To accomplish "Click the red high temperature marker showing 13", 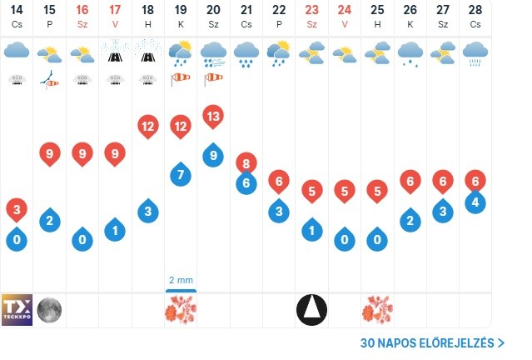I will coord(213,117).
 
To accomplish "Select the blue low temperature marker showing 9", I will coord(213,154).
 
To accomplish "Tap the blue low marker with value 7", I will coord(181,175).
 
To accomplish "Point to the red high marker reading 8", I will coord(246,163).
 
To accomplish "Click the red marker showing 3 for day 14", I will coord(17,208).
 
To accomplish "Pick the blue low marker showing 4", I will coord(475,202).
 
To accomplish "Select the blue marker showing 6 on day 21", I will coord(246,183).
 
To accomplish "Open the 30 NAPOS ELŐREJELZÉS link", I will coord(432,342).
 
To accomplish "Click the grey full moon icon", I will coord(49,310).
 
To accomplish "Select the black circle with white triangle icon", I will coord(311,310).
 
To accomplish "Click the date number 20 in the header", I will coord(213,10).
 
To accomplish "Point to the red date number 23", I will coord(311,10).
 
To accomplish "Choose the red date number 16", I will coord(82,10).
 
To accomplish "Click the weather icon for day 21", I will coord(246,54).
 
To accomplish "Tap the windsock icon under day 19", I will coord(181,79).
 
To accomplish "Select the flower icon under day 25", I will coord(377,310).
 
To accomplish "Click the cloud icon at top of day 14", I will coord(17,52).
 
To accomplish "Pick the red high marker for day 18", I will coord(147,127).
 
